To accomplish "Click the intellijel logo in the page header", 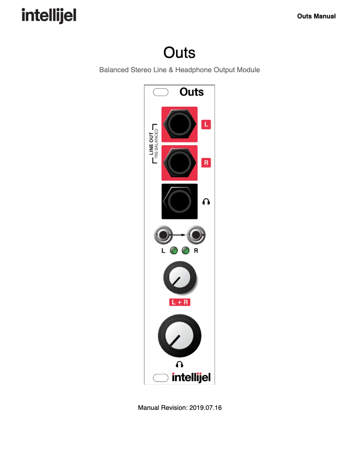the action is [49, 16].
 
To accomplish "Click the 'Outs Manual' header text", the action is [316, 16].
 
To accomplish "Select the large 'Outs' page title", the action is [180, 52].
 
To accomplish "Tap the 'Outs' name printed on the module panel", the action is [192, 92].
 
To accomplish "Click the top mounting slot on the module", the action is [161, 92].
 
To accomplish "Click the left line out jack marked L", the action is [179, 124].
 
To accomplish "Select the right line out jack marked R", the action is [179, 162].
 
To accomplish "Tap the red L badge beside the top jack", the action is [206, 124].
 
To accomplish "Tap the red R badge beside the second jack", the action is [206, 162].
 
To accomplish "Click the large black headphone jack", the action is [179, 201].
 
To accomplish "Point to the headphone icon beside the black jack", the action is [206, 202].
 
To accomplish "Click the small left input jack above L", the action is [163, 235].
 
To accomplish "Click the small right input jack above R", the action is [196, 235].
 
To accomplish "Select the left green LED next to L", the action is [174, 251].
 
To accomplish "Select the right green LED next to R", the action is [185, 251].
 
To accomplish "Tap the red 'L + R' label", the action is [180, 302].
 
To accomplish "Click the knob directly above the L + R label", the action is [180, 279].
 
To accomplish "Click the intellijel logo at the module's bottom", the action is [191, 378].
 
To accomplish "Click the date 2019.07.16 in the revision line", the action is [206, 408].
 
